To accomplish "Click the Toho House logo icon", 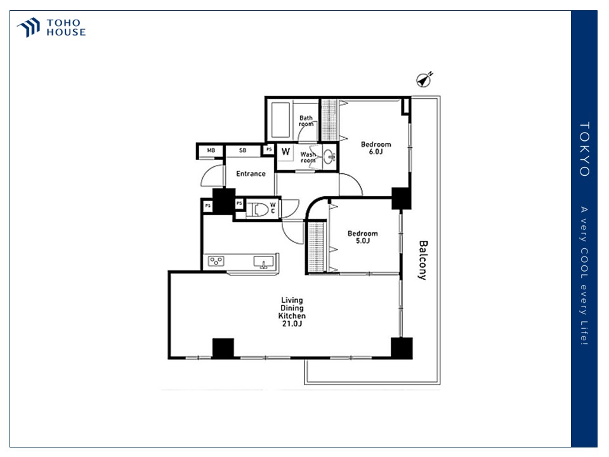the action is tap(29, 27).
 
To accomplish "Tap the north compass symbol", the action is tap(424, 80).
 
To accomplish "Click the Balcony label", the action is tap(423, 260).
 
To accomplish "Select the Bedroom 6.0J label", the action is tap(376, 148).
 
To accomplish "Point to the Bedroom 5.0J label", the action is tap(362, 237).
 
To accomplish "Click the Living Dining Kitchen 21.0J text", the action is tap(292, 312).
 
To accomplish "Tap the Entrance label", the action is tap(251, 174).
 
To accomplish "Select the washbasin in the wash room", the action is tap(329, 157).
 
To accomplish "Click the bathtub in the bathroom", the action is tap(280, 120).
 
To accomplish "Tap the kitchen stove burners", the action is tap(216, 261).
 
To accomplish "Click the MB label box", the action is tap(211, 150).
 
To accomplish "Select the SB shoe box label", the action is tap(243, 150).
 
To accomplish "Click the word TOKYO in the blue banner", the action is tap(584, 149).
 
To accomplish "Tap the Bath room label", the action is tap(306, 121).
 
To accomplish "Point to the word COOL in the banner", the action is tap(584, 263).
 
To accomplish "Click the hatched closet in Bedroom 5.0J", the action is tap(316, 247).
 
